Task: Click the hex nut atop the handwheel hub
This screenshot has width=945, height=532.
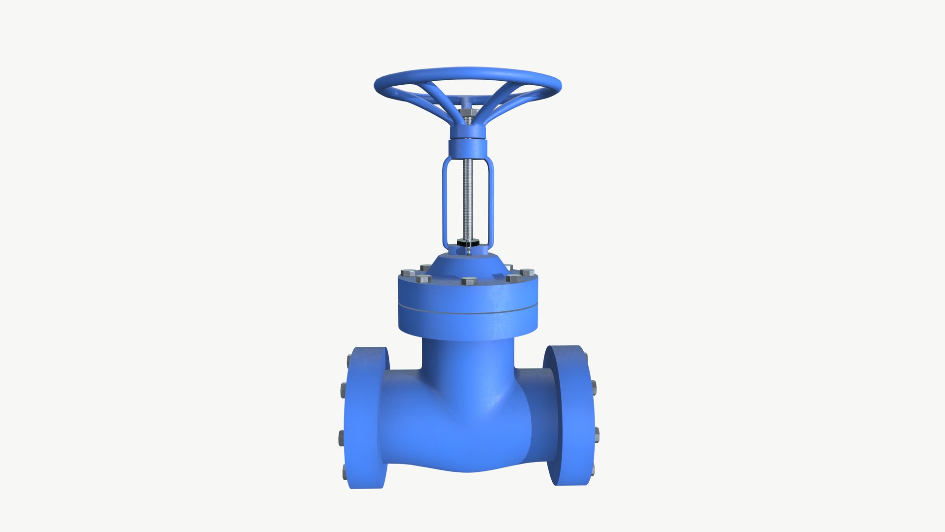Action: pyautogui.click(x=468, y=113)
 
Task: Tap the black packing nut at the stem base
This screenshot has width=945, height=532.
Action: pyautogui.click(x=468, y=242)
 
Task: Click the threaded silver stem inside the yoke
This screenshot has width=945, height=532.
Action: pyautogui.click(x=468, y=197)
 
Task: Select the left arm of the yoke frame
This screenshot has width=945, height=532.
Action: pyautogui.click(x=445, y=202)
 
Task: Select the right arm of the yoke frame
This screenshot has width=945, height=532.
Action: pyautogui.click(x=491, y=202)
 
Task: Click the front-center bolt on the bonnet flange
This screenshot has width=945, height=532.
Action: pyautogui.click(x=469, y=281)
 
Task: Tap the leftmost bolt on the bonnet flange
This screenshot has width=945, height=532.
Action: pyautogui.click(x=409, y=272)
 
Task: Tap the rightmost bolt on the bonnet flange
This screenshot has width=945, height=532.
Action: pyautogui.click(x=527, y=272)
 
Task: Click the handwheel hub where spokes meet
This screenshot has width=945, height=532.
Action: pyautogui.click(x=468, y=131)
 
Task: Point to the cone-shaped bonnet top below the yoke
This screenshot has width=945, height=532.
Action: pyautogui.click(x=468, y=262)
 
